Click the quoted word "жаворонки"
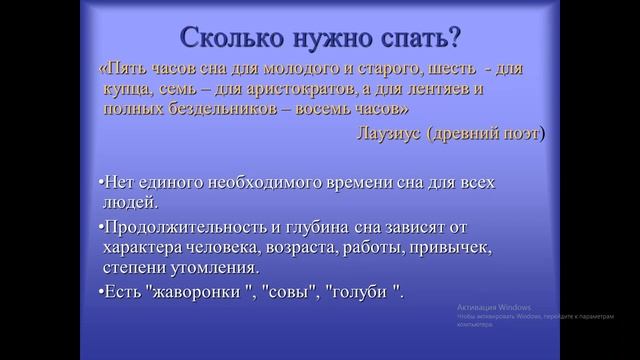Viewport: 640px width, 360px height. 194,291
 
